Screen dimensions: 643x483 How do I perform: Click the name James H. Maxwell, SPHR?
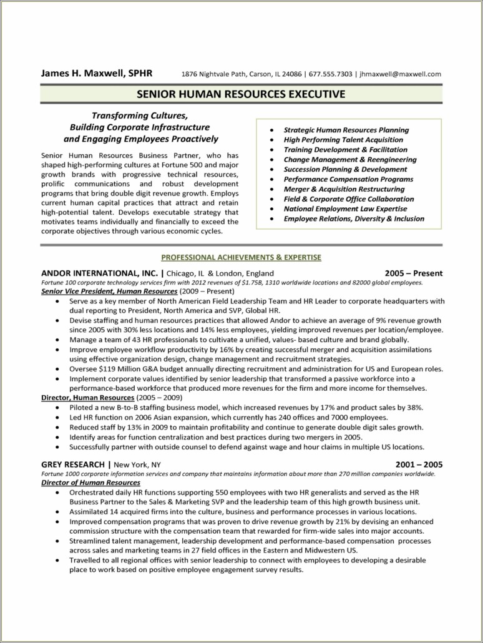click(96, 73)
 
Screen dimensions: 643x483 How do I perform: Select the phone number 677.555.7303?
click(331, 74)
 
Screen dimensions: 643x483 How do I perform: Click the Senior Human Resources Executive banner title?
click(241, 94)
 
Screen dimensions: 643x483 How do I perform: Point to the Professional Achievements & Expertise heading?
click(241, 257)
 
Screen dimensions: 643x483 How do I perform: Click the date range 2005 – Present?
click(413, 273)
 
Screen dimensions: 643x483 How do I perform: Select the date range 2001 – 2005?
click(419, 464)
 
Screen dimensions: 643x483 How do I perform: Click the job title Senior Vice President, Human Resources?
click(109, 292)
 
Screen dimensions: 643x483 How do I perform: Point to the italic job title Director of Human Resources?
click(90, 483)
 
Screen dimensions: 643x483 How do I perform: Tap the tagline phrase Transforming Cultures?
click(139, 115)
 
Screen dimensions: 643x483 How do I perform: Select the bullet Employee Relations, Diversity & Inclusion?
click(353, 218)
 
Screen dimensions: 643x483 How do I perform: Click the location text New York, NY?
click(137, 464)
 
